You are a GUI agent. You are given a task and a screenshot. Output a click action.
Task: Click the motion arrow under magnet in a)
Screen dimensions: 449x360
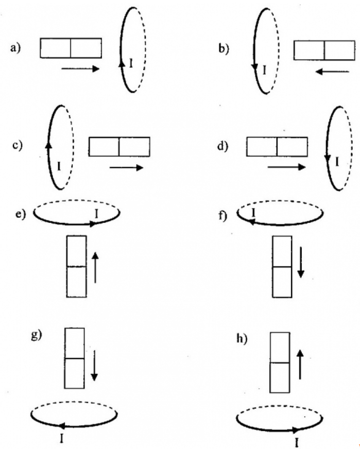click(80, 68)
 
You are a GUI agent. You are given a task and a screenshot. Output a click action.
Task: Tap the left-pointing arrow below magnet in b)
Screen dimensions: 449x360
click(331, 71)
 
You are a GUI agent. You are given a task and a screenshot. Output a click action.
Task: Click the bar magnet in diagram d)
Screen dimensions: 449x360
click(277, 146)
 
